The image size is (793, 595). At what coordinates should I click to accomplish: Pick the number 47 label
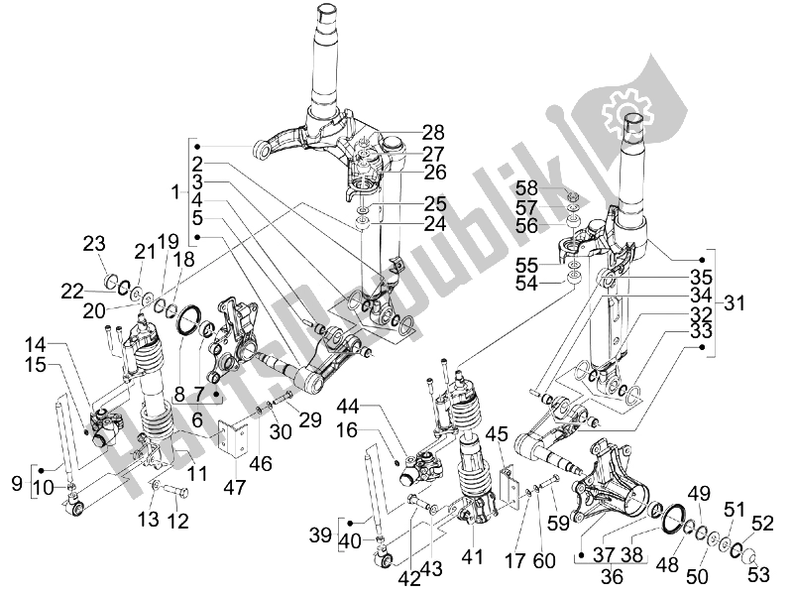point(235,487)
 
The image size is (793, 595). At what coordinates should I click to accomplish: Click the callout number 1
point(176,189)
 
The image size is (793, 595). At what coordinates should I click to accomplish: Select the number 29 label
point(283,420)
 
